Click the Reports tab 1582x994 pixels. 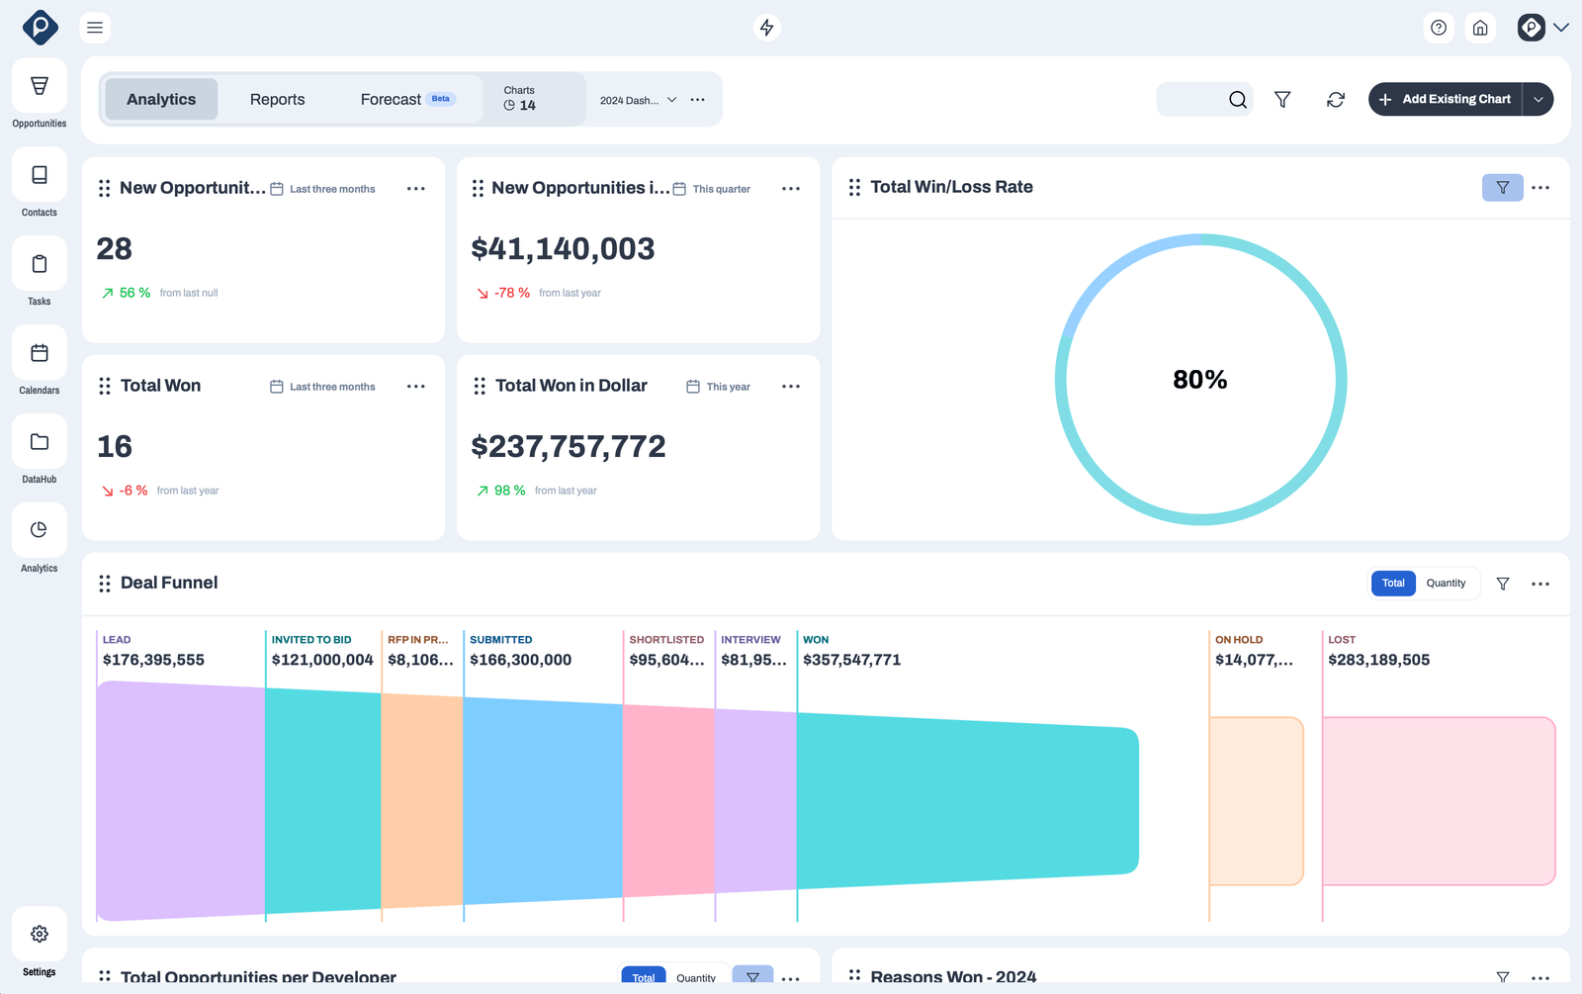[x=277, y=100]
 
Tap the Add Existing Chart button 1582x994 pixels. [x=1446, y=100]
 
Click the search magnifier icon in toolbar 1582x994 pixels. [x=1237, y=100]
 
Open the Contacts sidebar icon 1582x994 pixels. [x=40, y=175]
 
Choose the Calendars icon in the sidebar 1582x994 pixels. [x=40, y=353]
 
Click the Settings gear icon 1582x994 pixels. [x=40, y=934]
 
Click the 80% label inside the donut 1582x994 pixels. [x=1199, y=380]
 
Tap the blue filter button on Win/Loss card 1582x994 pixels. [x=1502, y=188]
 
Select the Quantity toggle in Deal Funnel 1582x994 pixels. [x=1446, y=584]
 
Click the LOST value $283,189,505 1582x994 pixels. [x=1378, y=661]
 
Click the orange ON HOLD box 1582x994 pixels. [x=1256, y=801]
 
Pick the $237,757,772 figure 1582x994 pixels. [x=569, y=447]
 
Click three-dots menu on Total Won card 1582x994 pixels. [x=416, y=387]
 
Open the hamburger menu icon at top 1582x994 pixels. [x=95, y=28]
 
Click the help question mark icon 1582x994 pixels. [x=1439, y=28]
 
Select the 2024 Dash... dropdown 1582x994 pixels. [x=638, y=101]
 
